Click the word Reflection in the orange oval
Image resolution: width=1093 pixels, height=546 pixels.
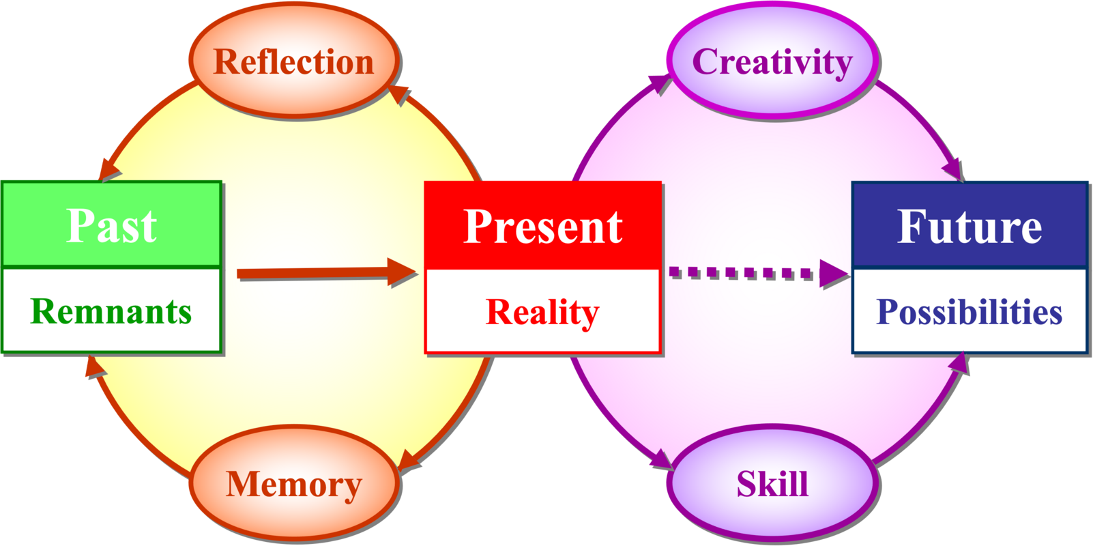point(293,62)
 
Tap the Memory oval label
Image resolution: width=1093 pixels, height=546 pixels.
point(293,485)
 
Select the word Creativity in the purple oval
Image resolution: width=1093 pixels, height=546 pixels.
point(772,62)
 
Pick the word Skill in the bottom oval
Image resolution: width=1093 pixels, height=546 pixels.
point(772,485)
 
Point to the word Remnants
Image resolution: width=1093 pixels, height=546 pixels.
point(111,311)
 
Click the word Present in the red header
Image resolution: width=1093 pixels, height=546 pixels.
point(542,226)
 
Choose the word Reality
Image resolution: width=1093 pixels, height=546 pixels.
point(542,312)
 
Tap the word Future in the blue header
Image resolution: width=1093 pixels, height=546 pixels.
point(970,226)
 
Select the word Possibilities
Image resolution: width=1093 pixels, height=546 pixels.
point(970,312)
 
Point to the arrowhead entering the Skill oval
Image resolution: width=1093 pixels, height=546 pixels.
point(662,460)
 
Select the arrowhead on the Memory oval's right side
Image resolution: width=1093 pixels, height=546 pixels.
point(409,461)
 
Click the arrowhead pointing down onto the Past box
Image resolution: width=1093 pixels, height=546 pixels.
point(107,169)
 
